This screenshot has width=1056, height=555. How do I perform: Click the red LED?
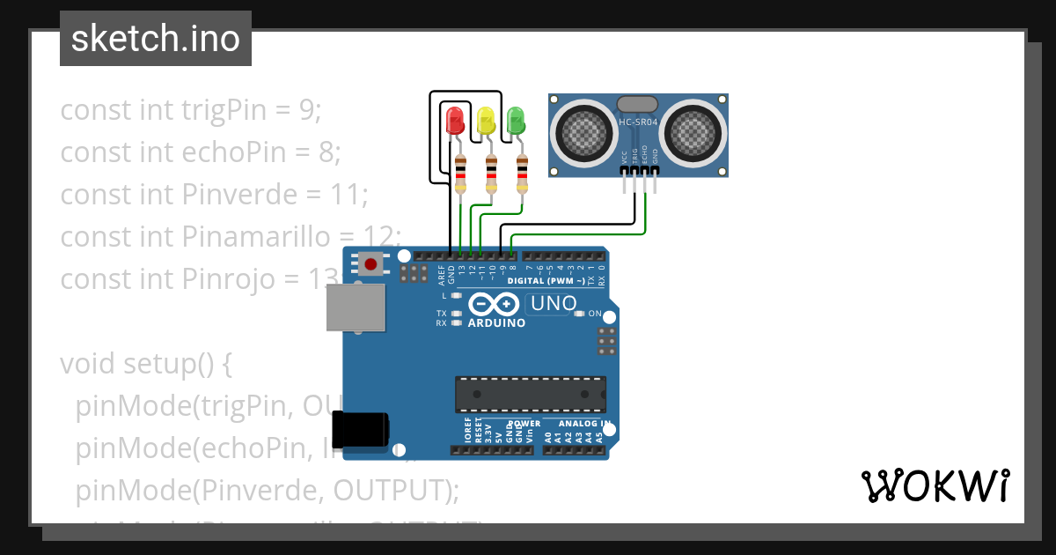(455, 120)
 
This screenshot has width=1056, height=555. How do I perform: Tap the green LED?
(516, 120)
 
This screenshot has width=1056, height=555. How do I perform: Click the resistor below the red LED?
(461, 174)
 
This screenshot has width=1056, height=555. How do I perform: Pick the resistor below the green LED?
(523, 174)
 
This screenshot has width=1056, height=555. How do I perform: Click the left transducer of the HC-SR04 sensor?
(582, 133)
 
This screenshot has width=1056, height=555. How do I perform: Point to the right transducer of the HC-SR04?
(694, 133)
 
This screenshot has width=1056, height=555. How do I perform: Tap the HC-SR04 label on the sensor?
(638, 122)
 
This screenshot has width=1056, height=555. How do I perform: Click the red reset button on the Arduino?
(371, 263)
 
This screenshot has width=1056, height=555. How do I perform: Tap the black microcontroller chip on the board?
(530, 394)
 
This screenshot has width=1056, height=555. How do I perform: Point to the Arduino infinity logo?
(494, 305)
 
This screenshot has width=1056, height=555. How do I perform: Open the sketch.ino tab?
(156, 39)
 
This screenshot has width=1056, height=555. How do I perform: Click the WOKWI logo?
(935, 485)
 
